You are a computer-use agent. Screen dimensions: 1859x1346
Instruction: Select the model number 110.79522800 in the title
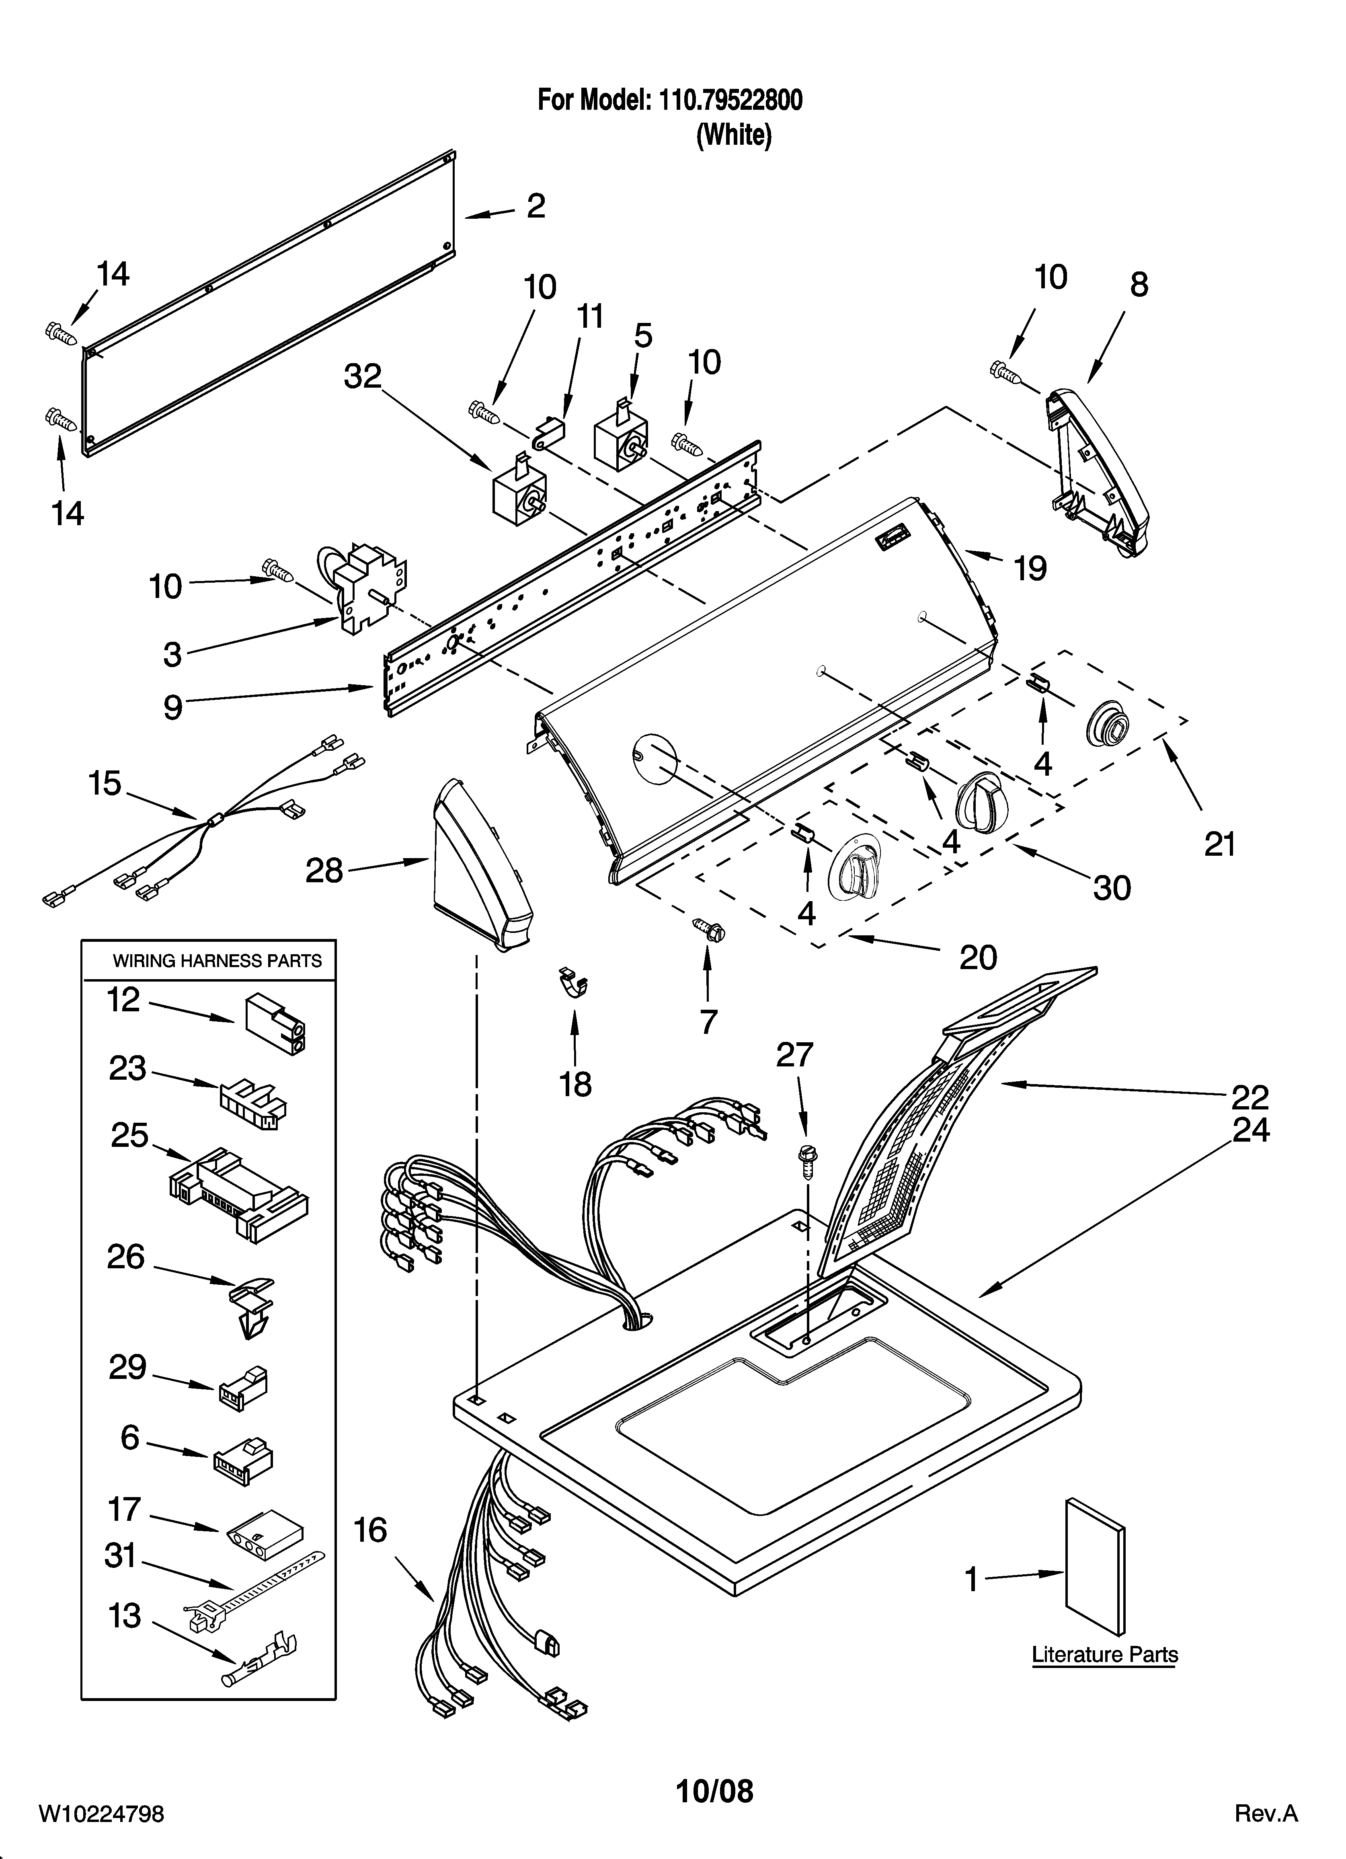tap(726, 100)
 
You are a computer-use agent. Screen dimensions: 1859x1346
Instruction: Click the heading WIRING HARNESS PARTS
tap(217, 961)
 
